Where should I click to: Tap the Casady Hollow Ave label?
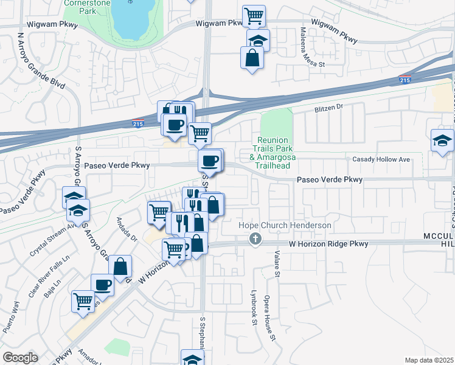tap(381, 159)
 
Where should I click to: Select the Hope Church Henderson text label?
tap(285, 226)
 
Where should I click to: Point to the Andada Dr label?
tap(128, 228)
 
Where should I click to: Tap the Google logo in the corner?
tap(20, 357)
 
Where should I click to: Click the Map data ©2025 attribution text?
tap(429, 360)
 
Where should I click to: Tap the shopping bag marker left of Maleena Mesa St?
tap(252, 58)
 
